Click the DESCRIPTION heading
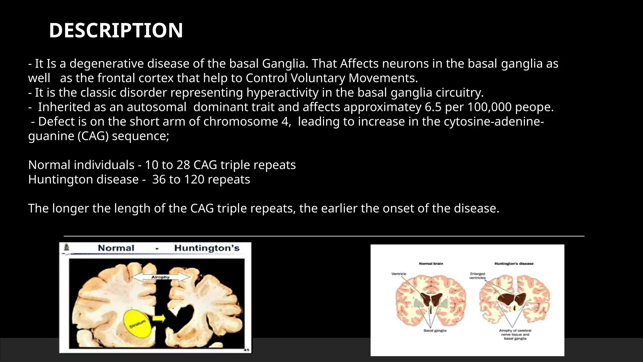116,30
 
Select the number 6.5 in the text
433,107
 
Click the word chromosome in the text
241,122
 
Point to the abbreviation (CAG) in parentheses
93,136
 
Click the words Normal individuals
81,165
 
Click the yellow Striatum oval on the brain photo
138,324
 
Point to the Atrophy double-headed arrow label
160,277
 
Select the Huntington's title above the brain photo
207,248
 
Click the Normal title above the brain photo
116,248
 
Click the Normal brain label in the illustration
431,264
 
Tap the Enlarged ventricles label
478,276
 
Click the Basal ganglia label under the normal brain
435,331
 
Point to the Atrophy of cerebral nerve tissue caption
515,334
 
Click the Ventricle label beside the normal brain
398,274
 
